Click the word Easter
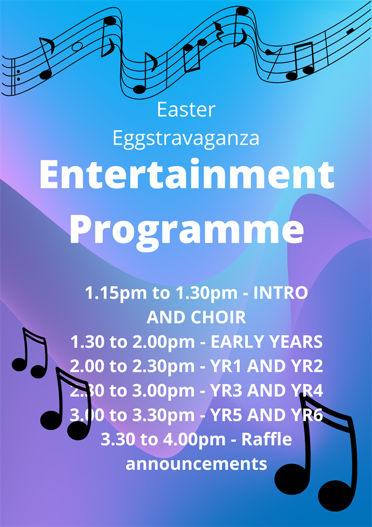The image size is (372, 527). tap(186, 110)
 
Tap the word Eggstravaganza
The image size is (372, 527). tap(186, 138)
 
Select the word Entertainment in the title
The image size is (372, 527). tap(187, 175)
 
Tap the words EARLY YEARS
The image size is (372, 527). tap(266, 342)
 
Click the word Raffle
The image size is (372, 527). tap(267, 440)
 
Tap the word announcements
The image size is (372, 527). tap(196, 464)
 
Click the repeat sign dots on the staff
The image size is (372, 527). tap(18, 75)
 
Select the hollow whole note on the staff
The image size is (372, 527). tap(77, 47)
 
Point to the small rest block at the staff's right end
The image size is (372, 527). tap(350, 31)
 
